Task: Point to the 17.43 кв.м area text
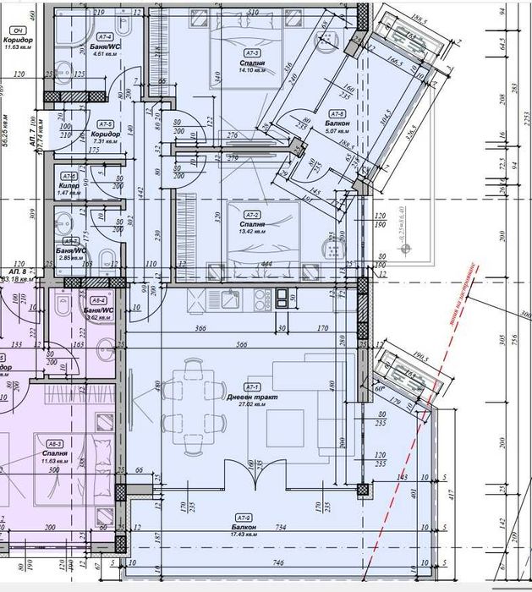tap(244, 535)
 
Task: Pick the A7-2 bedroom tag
tap(251, 216)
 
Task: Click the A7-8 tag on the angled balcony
tap(337, 114)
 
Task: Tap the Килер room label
tap(69, 185)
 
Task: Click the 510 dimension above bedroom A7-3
tap(253, 14)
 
